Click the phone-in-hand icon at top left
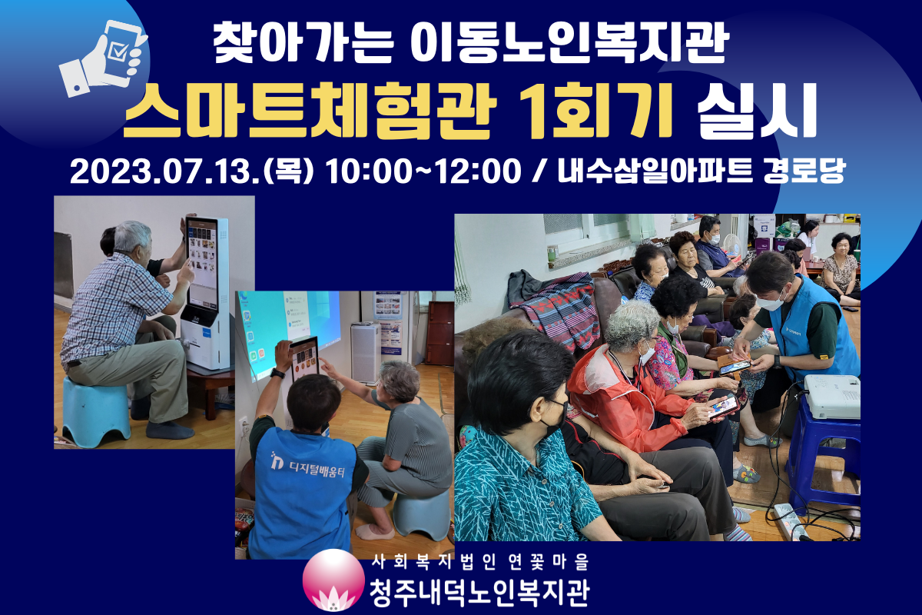(103, 59)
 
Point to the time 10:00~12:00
(423, 171)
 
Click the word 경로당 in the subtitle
(804, 171)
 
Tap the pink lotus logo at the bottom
(333, 580)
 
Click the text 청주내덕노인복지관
(479, 593)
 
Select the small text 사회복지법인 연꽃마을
(480, 562)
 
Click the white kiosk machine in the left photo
(204, 291)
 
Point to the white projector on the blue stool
(831, 396)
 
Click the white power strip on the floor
(792, 522)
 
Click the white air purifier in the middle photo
(365, 353)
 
